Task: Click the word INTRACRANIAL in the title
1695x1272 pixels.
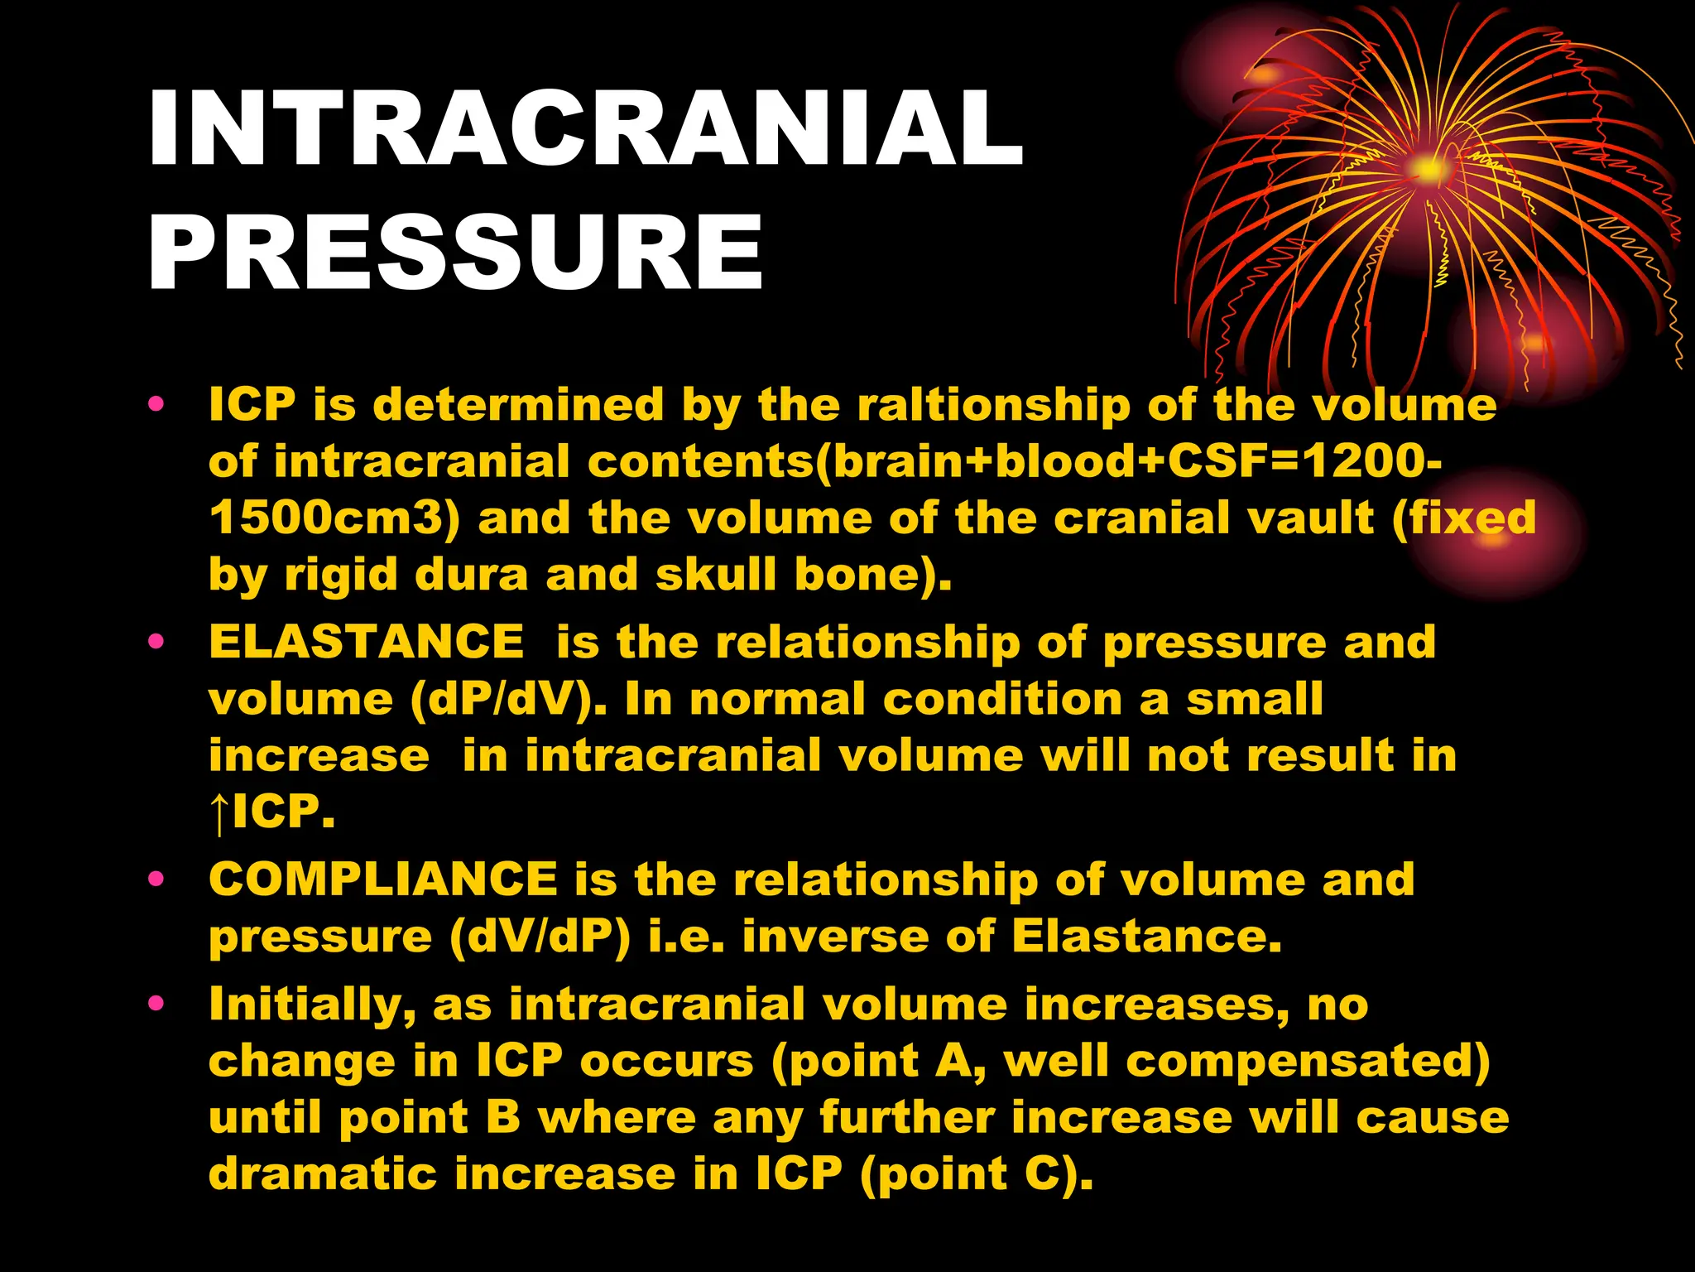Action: (585, 128)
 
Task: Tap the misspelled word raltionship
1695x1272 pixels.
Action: (993, 405)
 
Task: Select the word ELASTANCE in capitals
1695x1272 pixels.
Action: (367, 642)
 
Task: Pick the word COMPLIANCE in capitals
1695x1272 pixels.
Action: (383, 879)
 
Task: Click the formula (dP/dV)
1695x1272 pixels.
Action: (508, 700)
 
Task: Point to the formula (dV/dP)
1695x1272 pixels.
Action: (540, 937)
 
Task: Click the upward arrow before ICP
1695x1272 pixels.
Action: (218, 813)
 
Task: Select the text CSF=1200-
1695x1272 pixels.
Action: (1304, 461)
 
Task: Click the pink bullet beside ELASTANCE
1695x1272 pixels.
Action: (156, 641)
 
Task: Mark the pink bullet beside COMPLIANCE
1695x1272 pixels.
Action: (156, 879)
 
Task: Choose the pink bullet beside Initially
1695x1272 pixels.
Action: (156, 1004)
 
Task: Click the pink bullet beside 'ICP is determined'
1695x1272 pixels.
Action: (156, 405)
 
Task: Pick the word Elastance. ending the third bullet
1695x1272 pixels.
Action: (1146, 937)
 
